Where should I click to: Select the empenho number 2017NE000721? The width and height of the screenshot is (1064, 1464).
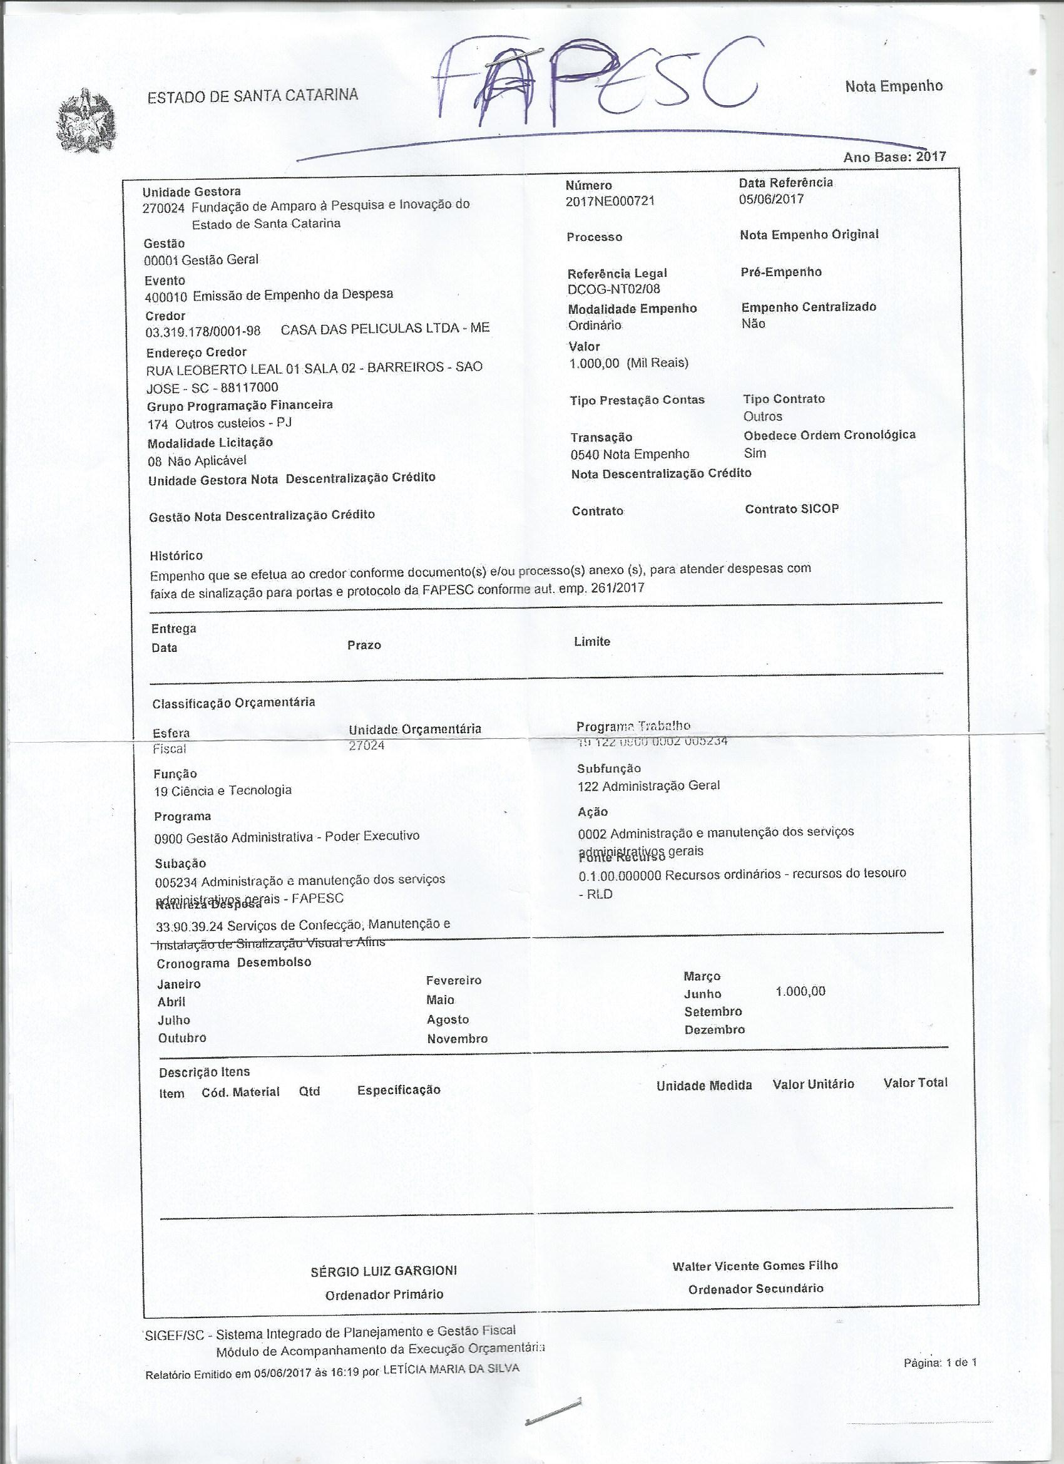click(x=610, y=201)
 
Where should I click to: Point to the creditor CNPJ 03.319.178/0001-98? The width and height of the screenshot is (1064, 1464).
click(x=203, y=331)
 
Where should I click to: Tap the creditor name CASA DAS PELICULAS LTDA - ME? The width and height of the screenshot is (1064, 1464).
click(x=385, y=328)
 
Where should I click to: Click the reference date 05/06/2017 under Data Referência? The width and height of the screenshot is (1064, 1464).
click(x=771, y=199)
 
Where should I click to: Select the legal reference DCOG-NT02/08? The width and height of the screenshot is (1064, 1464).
click(x=613, y=289)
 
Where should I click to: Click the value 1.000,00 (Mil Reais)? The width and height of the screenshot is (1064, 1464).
click(x=628, y=363)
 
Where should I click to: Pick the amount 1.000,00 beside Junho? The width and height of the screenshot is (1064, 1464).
click(x=800, y=991)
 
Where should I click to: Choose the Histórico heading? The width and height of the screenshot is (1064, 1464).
click(x=176, y=555)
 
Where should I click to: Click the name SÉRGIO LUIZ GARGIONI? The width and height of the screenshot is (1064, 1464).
click(x=384, y=1271)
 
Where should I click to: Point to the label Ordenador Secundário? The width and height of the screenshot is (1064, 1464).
click(x=755, y=1289)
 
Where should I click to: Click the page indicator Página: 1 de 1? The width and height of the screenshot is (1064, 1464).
click(x=940, y=1363)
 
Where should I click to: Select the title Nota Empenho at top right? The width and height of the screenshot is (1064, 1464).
click(x=894, y=86)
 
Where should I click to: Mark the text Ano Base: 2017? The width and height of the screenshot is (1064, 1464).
click(x=894, y=157)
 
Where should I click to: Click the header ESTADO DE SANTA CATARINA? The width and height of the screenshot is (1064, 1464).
click(x=253, y=96)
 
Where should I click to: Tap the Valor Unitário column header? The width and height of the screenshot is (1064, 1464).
click(x=813, y=1085)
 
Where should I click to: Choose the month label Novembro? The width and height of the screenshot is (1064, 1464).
click(x=457, y=1039)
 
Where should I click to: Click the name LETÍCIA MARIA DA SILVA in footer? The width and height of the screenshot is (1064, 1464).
click(x=451, y=1369)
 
